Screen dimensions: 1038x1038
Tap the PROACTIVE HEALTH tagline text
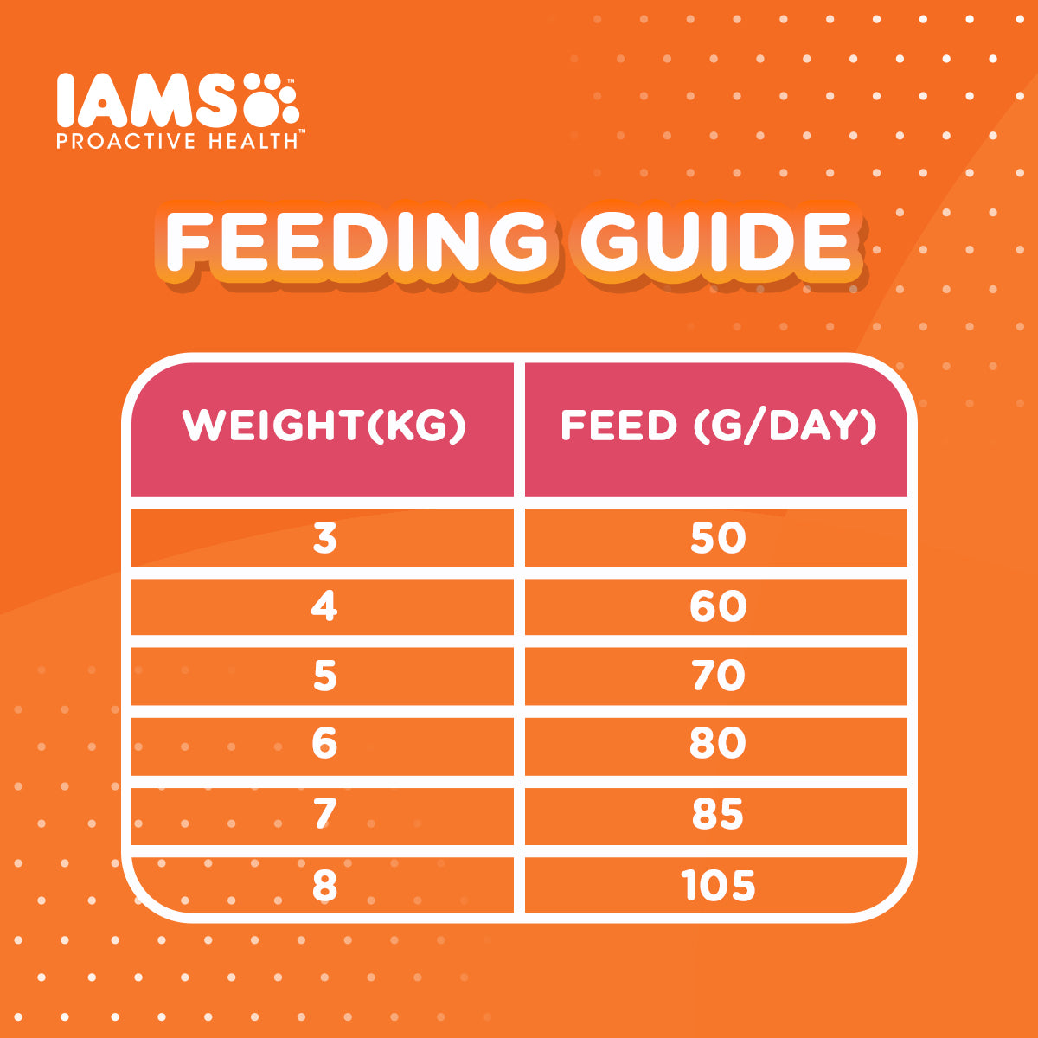pos(177,140)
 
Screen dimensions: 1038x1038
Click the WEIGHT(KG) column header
pos(324,426)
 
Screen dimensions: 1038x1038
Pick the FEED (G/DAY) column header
pos(718,426)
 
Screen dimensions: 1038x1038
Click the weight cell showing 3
pos(324,539)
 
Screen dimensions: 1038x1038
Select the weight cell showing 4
pos(324,606)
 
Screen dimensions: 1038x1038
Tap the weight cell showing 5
pos(324,676)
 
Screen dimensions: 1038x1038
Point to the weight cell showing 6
pos(324,744)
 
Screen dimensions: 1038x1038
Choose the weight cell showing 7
pos(324,814)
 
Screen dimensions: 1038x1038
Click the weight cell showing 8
pos(324,886)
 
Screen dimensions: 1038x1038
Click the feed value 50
pos(718,539)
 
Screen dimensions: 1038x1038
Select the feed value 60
pos(718,606)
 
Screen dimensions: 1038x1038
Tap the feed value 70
pos(718,676)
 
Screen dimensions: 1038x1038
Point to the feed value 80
pos(718,744)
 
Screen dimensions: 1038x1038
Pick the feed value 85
pos(718,814)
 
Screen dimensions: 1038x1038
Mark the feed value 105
pos(718,886)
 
